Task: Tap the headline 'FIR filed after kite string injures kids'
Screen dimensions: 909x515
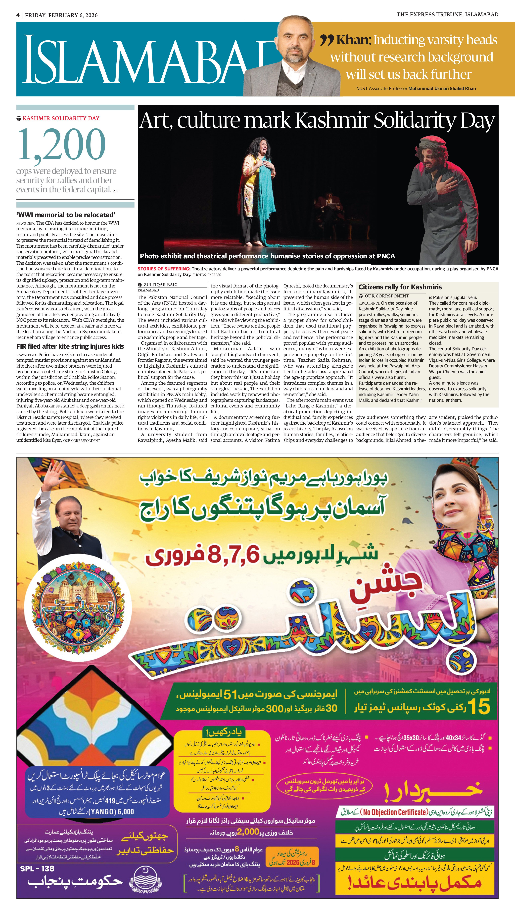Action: coord(70,346)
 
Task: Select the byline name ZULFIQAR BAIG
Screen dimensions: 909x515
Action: coord(160,284)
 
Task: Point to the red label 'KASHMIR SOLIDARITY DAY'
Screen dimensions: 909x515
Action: coord(61,118)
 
